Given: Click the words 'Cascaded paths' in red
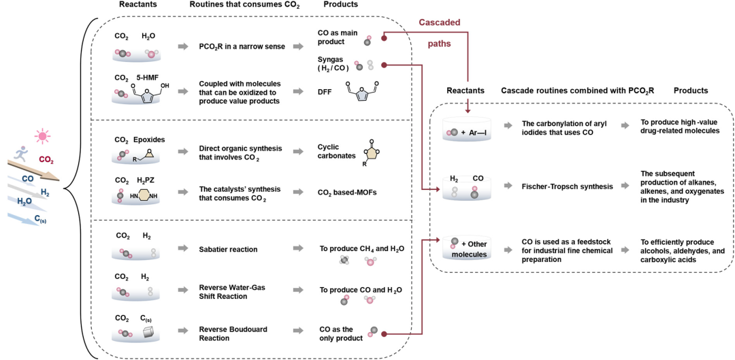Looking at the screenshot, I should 439,33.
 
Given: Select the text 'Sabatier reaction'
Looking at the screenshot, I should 230,249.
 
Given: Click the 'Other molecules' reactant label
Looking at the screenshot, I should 472,248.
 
